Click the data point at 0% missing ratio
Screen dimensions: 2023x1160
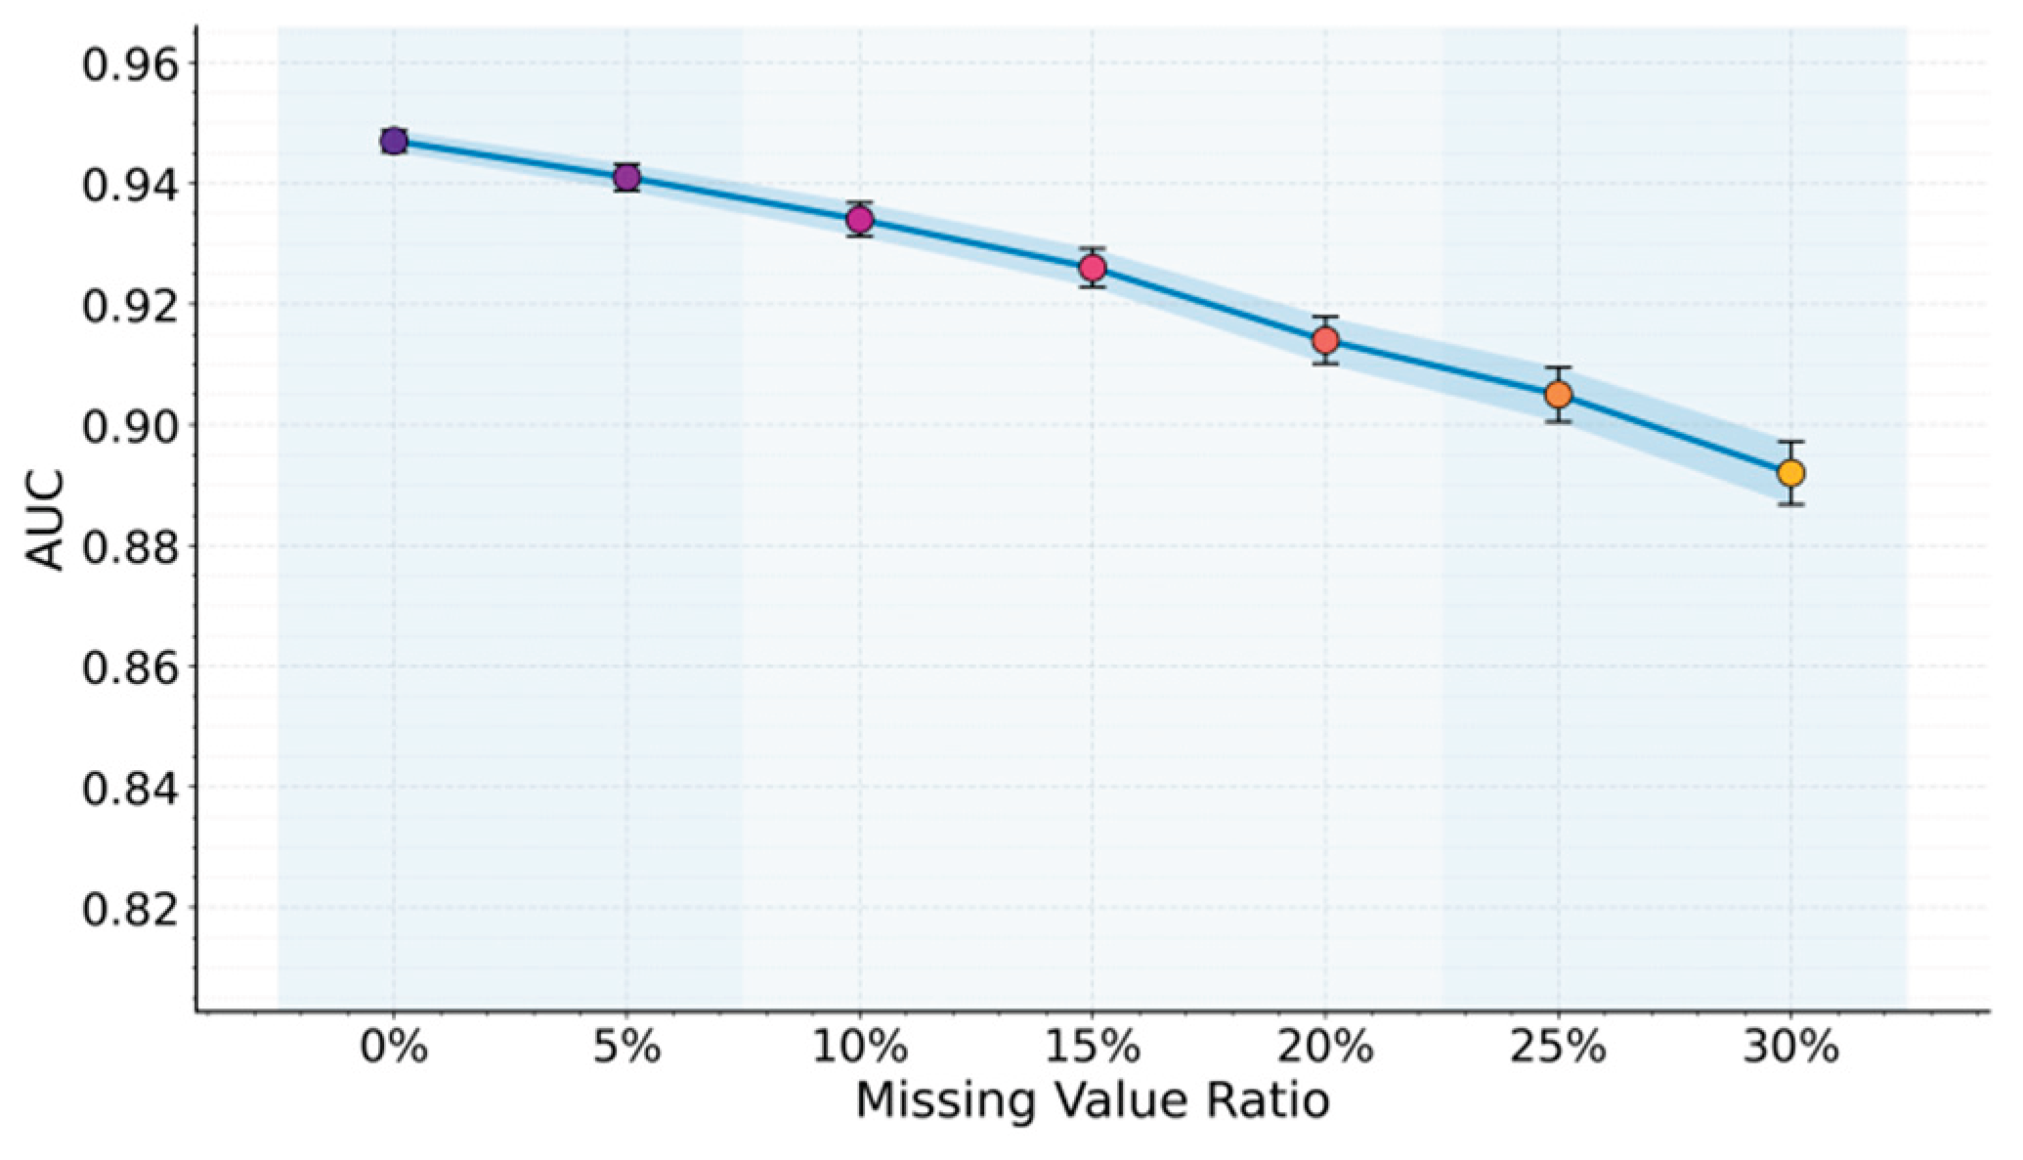click(394, 141)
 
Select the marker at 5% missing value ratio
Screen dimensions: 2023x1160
click(627, 177)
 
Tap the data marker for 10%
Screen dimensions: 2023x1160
click(860, 219)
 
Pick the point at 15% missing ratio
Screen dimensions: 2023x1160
click(1093, 268)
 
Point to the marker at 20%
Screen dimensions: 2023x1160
click(1326, 340)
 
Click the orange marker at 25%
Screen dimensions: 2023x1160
click(1559, 395)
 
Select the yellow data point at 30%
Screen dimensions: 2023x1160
click(1791, 473)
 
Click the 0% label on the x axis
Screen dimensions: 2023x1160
click(394, 1049)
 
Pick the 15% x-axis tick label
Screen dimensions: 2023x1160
click(1093, 1049)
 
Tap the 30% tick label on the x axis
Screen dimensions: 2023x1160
click(1791, 1049)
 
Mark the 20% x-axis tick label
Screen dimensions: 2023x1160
click(1326, 1049)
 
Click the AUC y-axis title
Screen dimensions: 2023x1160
click(44, 520)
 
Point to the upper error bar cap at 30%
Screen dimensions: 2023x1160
click(1791, 442)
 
